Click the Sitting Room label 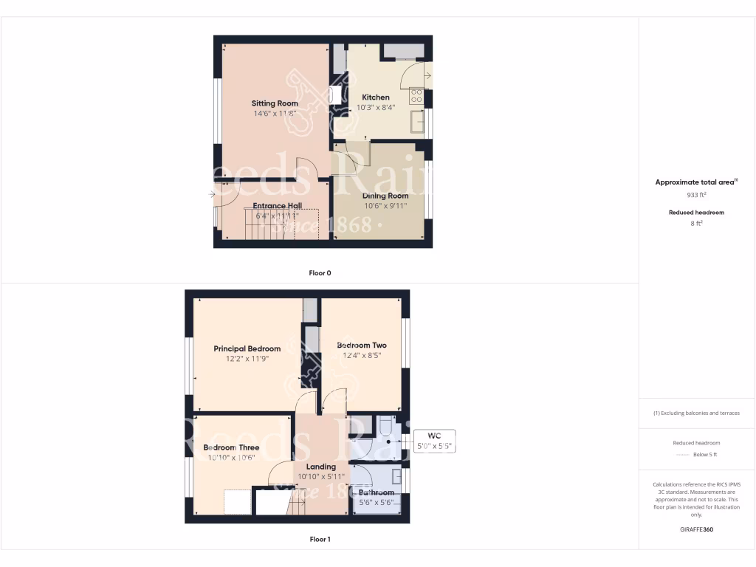point(275,103)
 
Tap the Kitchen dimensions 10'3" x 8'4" point(376,107)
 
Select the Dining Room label point(385,196)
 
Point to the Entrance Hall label point(277,206)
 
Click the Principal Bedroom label point(247,348)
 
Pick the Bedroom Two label point(362,346)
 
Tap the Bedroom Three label point(231,447)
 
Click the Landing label point(321,467)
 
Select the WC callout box point(436,441)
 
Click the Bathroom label point(377,492)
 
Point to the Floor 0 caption point(320,273)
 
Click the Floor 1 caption point(320,539)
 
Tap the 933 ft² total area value point(697,196)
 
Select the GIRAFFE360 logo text point(697,529)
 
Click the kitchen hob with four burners point(416,94)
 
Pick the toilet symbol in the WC point(385,427)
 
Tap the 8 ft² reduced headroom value point(697,223)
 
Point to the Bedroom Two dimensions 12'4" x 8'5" point(362,357)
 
